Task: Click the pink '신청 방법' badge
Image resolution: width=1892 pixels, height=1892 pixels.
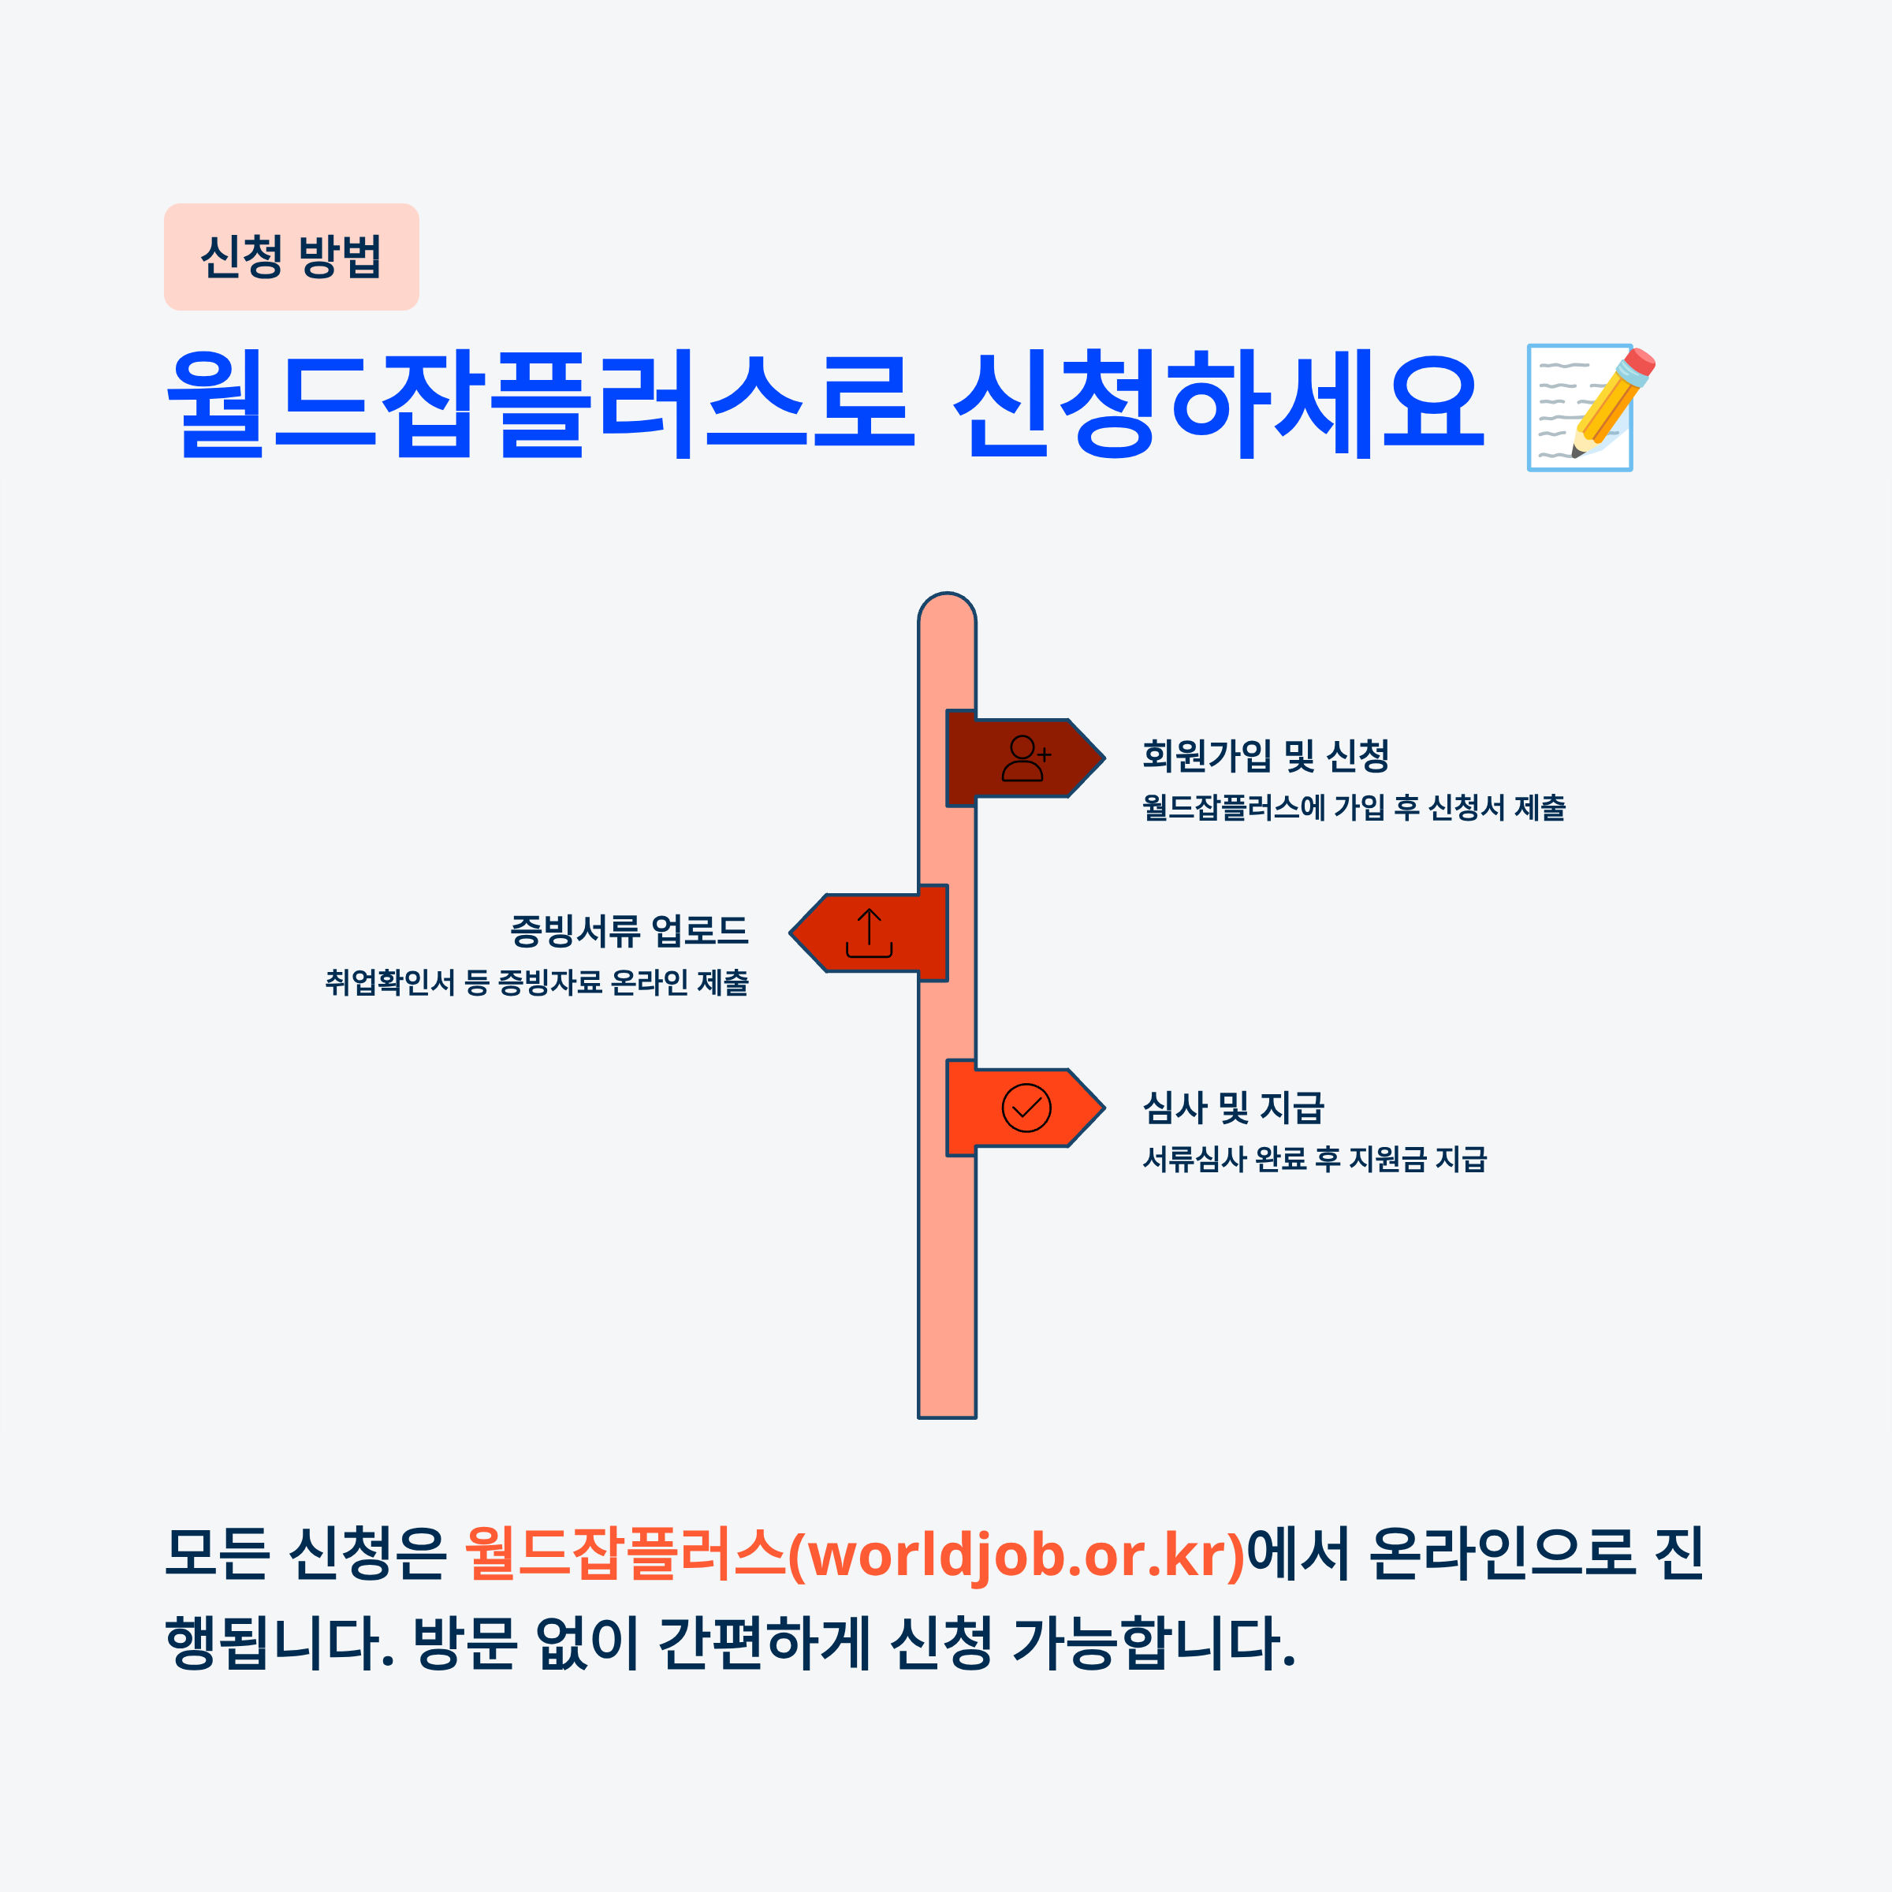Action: point(291,256)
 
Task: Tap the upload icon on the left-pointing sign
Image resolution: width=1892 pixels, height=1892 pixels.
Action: point(869,933)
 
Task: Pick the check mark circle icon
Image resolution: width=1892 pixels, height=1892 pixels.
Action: point(1026,1108)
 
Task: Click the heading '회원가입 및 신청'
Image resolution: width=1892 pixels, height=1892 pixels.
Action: point(1265,755)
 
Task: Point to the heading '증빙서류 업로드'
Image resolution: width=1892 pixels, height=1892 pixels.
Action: point(629,929)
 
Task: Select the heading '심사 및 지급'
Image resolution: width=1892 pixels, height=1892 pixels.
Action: point(1233,1108)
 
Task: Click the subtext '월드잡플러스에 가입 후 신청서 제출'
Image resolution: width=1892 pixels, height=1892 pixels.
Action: point(1354,808)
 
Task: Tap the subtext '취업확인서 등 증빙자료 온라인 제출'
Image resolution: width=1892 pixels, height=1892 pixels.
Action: point(537,982)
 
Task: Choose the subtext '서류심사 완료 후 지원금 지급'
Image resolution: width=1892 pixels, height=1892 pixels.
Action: point(1314,1160)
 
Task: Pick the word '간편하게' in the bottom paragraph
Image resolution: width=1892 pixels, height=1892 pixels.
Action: point(764,1642)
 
